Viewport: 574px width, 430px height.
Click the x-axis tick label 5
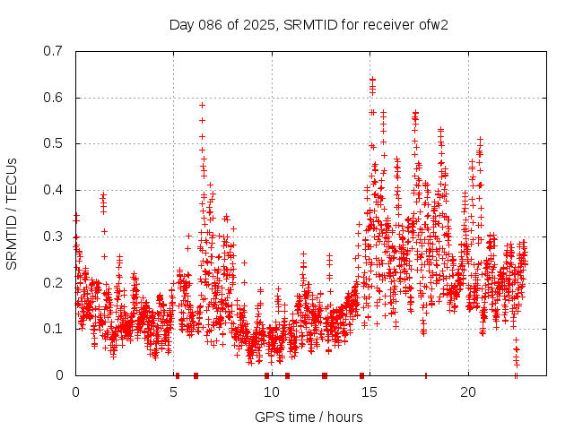coord(173,392)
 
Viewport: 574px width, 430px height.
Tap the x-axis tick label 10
coord(272,392)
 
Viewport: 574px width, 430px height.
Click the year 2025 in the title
coord(259,24)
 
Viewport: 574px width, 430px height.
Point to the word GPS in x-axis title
coord(267,417)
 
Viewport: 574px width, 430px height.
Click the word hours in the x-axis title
coord(344,417)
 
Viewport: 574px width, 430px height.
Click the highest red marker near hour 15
coord(372,79)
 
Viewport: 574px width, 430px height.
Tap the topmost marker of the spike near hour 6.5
coord(202,105)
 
